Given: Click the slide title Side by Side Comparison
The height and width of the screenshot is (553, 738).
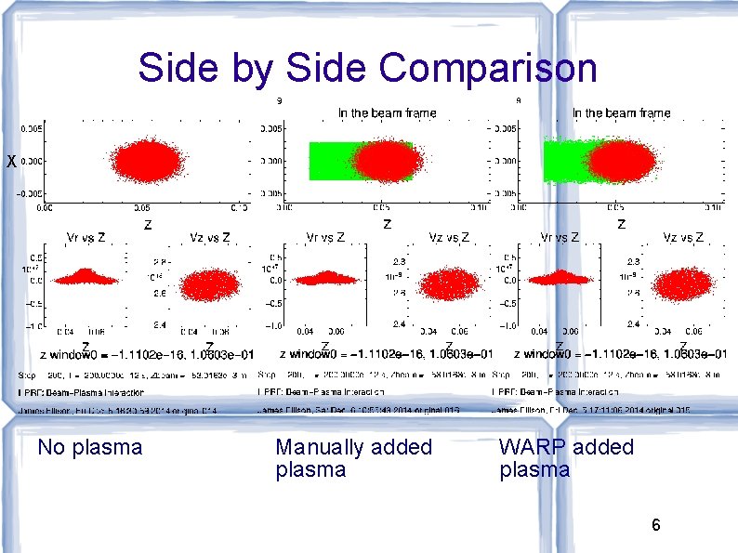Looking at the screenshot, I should click(368, 68).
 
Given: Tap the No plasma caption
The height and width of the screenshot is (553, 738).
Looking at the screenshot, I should click(89, 447).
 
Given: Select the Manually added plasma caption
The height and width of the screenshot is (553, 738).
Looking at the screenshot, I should click(353, 458).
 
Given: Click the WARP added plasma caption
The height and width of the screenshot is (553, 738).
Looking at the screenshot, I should click(565, 458).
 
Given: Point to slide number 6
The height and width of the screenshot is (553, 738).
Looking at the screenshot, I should click(655, 526).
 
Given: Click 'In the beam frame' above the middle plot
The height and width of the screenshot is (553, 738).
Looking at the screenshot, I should click(386, 113).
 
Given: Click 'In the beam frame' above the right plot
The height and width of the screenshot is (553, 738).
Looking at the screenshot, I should click(620, 113).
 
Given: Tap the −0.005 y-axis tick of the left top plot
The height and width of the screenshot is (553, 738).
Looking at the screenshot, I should click(27, 193).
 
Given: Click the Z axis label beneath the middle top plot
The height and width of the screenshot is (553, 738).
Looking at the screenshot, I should click(387, 224).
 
